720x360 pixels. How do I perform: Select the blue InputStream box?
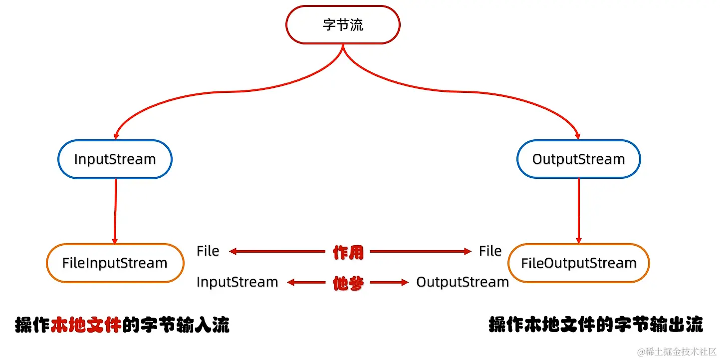coord(115,159)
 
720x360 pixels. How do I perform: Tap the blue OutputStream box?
coord(578,159)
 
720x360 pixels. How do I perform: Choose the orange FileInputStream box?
coord(115,263)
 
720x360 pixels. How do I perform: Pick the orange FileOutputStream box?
coord(579,263)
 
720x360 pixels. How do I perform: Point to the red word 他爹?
coord(348,283)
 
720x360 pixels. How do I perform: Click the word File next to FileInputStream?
coord(208,251)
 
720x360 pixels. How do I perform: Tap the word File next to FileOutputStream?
coord(490,251)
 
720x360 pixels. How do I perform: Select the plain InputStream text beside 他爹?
coord(237,282)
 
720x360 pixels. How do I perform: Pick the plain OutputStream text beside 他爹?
coord(463,282)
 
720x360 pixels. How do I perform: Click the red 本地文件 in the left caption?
coord(86,326)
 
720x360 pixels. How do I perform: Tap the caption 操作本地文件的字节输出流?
coord(596,325)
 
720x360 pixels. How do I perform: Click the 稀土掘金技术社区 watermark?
coord(676,352)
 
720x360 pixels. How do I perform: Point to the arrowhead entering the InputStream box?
coord(116,135)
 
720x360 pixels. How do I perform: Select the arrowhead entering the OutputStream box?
coord(578,135)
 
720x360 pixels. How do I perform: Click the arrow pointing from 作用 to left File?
coord(277,252)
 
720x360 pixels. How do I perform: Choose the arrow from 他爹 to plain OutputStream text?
coord(389,283)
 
